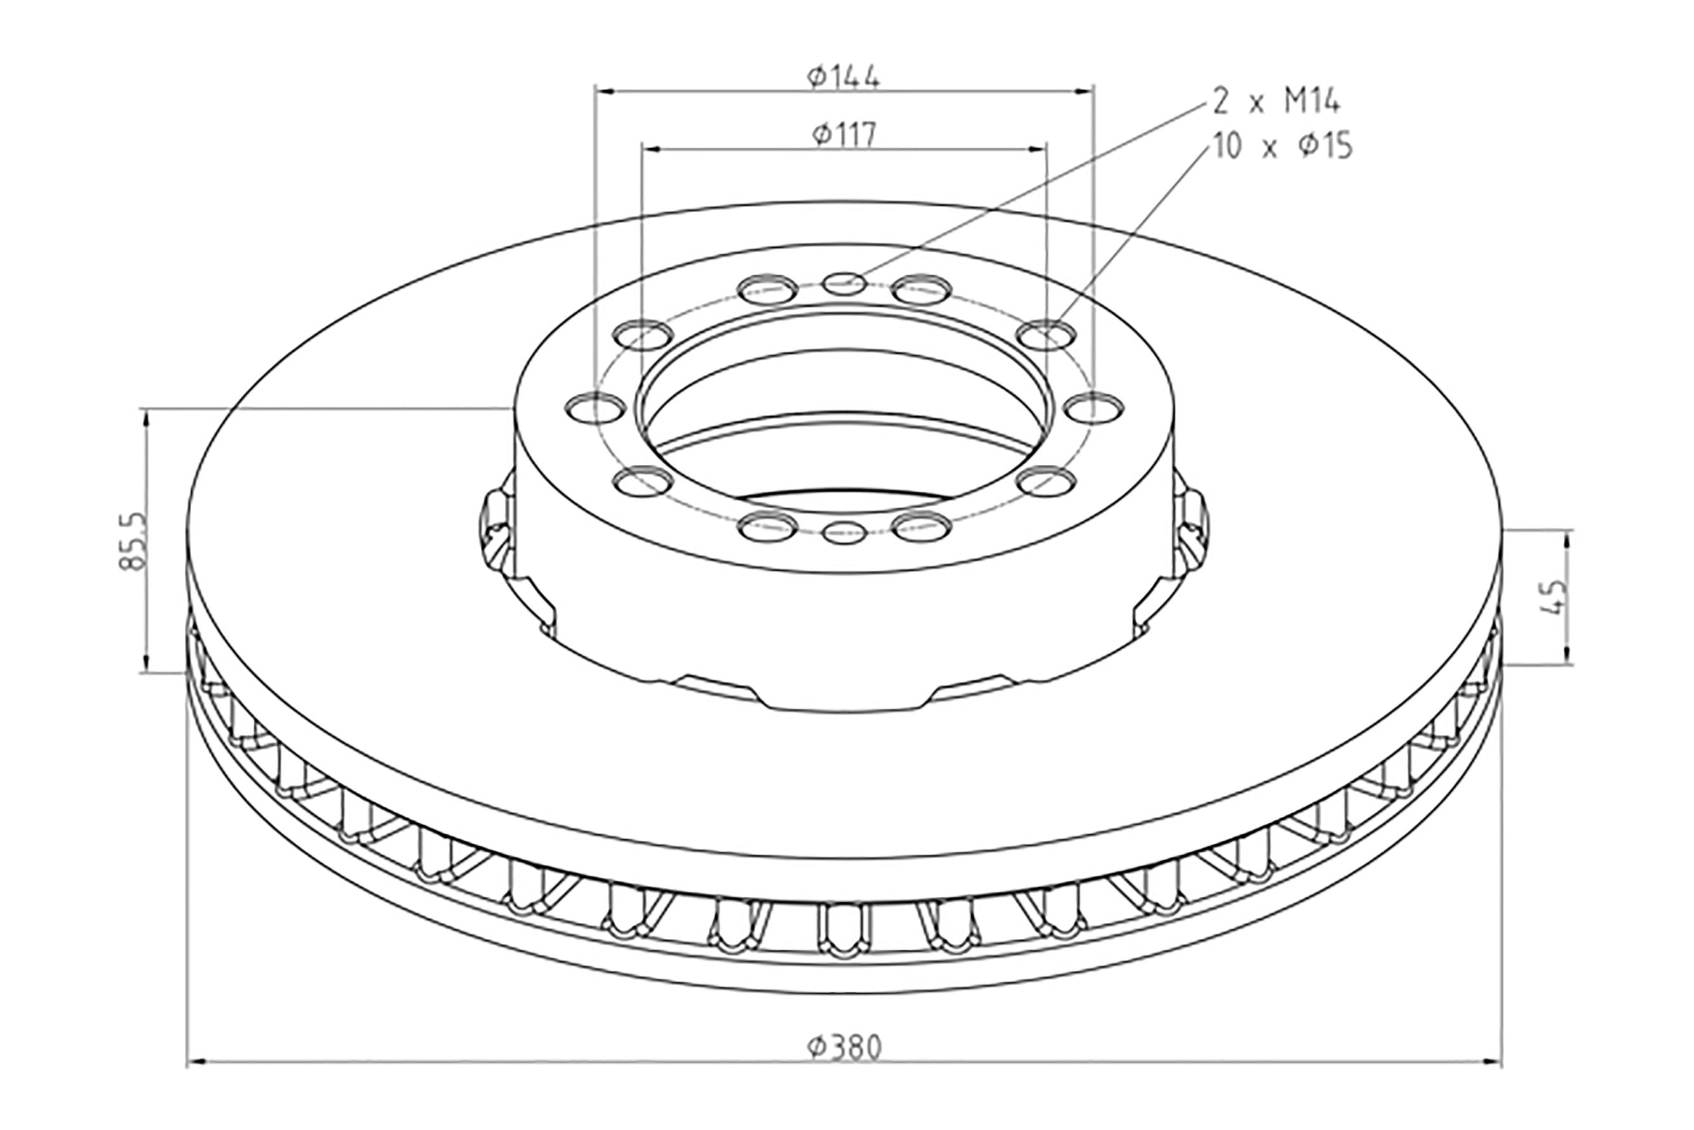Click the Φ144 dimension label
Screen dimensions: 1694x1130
[843, 76]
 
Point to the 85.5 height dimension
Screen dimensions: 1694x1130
[133, 541]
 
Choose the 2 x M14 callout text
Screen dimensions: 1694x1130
[1276, 102]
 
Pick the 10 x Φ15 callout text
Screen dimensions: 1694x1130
[1282, 147]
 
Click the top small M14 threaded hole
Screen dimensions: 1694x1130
[845, 283]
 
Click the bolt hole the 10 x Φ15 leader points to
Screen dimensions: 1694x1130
[1049, 334]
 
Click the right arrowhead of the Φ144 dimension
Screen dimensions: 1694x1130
[1084, 91]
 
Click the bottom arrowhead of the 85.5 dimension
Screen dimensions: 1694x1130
[146, 663]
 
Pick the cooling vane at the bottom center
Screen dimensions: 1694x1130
[845, 932]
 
